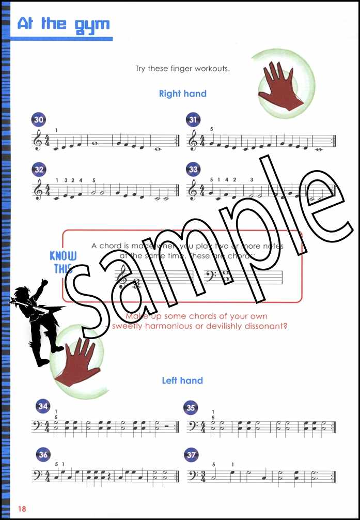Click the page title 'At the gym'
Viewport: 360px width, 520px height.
coord(63,24)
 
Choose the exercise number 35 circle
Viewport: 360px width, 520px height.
coord(191,407)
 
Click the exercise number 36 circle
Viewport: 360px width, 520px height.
coord(43,455)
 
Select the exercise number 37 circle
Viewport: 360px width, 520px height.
coord(191,455)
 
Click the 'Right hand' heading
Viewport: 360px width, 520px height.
coord(182,94)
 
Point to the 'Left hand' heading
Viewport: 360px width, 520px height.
coord(182,380)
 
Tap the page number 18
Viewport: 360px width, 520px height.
coord(21,509)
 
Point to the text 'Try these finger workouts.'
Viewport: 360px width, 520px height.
coord(182,68)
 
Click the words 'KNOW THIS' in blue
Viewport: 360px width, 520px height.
coord(63,262)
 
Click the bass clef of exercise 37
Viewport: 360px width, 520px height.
coord(191,476)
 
